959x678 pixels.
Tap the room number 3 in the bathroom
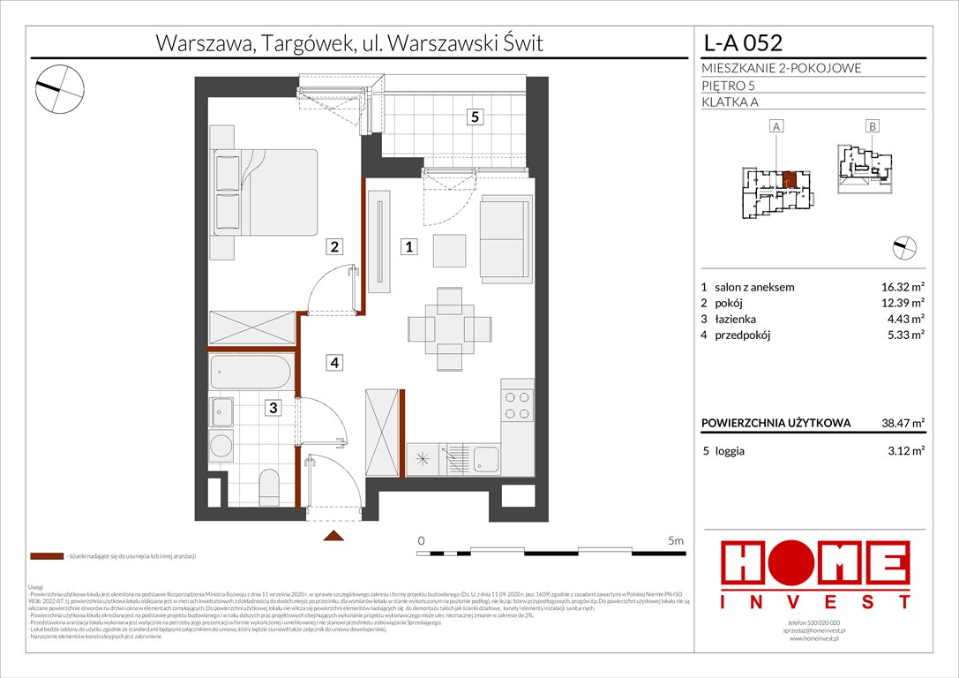(x=273, y=407)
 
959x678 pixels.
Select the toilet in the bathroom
(x=271, y=484)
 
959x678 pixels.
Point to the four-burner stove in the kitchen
(x=517, y=405)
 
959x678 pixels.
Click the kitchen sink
(x=485, y=458)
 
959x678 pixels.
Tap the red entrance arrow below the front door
(x=333, y=536)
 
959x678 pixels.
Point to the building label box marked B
(x=872, y=126)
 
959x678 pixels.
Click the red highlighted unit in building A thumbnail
(x=791, y=180)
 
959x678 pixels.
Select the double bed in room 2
(x=262, y=193)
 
